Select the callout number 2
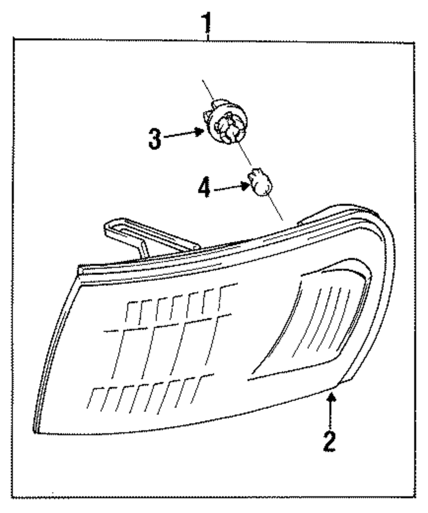[x=329, y=442]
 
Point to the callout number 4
[x=204, y=189]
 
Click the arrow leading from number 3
[x=184, y=134]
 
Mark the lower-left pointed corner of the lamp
[x=35, y=431]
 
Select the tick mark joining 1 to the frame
[x=208, y=38]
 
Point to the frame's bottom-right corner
[x=414, y=497]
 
